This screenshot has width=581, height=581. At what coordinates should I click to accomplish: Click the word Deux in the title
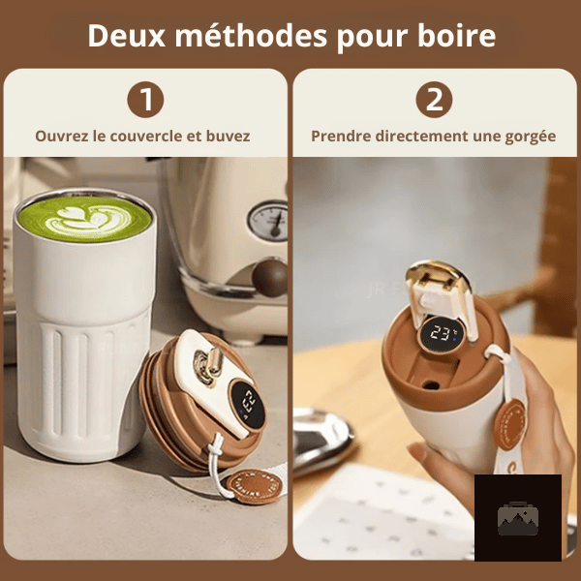[x=126, y=36]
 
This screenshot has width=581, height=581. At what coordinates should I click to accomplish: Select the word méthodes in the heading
[x=251, y=35]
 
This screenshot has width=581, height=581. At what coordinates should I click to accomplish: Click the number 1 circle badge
[x=145, y=100]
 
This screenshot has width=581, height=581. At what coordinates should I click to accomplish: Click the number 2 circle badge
[x=434, y=100]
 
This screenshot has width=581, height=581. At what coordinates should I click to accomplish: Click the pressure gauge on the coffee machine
[x=268, y=221]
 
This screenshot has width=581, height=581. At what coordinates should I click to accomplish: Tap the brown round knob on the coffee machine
[x=270, y=278]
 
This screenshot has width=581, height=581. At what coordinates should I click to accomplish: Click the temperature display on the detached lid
[x=248, y=404]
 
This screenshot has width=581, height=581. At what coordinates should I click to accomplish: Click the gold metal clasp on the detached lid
[x=208, y=365]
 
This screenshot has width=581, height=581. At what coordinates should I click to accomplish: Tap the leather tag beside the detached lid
[x=255, y=486]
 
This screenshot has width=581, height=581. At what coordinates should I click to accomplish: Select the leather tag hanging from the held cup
[x=510, y=424]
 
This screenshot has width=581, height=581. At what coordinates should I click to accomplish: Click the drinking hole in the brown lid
[x=431, y=385]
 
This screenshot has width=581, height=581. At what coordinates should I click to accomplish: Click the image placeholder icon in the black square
[x=518, y=518]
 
